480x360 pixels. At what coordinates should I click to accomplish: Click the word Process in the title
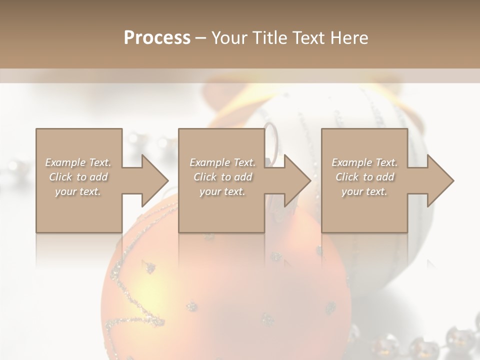(157, 38)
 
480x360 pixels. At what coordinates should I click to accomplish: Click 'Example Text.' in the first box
(78, 162)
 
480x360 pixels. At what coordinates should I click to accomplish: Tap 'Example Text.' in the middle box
(222, 162)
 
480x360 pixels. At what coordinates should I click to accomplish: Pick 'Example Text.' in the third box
(364, 162)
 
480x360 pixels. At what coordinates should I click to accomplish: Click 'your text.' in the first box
(78, 191)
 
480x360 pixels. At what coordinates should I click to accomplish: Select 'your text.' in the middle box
(222, 191)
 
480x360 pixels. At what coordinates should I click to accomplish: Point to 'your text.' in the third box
(364, 191)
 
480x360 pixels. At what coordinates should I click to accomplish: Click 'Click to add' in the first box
(78, 177)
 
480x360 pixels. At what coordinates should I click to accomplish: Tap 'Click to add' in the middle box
(222, 177)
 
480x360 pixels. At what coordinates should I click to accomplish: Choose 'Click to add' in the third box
(364, 177)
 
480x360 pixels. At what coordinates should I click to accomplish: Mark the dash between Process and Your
(201, 38)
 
